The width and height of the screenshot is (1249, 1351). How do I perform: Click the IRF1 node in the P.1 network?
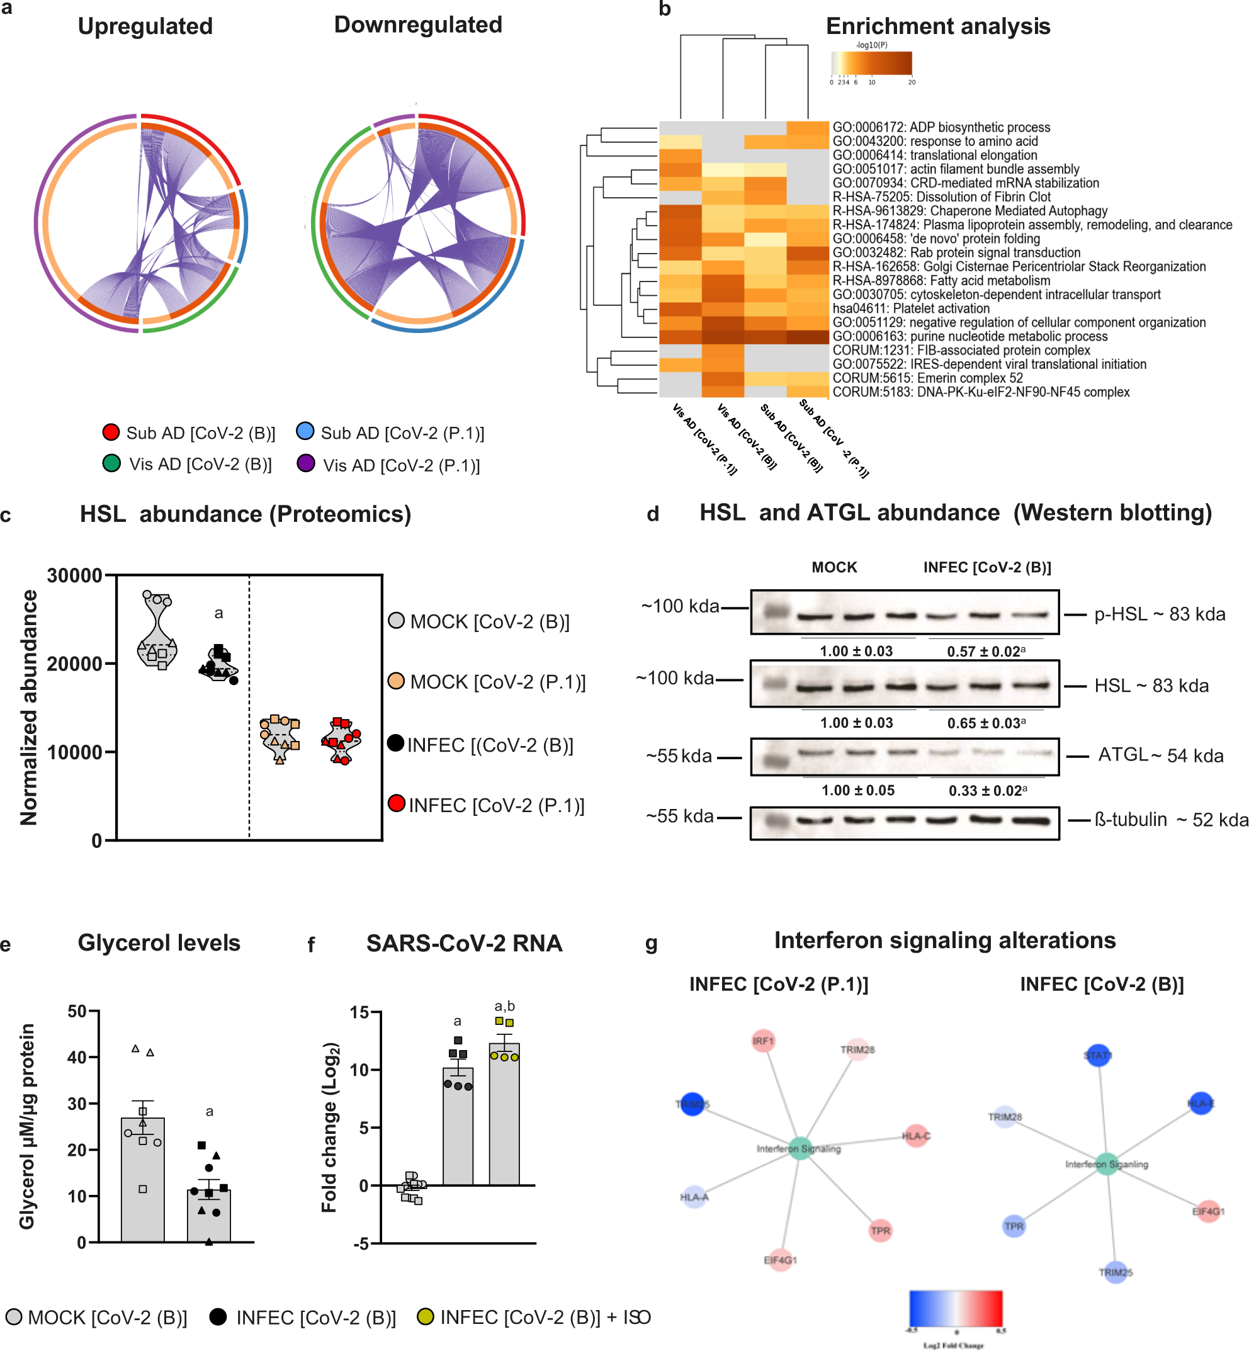tap(763, 1041)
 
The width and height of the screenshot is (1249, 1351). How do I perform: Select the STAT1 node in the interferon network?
tap(1098, 1055)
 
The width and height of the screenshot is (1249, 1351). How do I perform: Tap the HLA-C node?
tap(916, 1136)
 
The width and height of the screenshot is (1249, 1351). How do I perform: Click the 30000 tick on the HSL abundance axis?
tap(74, 576)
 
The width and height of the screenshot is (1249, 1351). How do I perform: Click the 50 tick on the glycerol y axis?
tap(77, 1012)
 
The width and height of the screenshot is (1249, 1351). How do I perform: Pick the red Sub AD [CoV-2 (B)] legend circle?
tap(111, 432)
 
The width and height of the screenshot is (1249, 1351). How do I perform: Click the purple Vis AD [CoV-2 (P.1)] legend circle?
tap(305, 463)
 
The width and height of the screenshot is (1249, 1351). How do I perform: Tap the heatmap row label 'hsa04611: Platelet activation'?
tap(910, 308)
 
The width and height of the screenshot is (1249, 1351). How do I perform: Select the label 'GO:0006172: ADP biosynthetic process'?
tap(941, 127)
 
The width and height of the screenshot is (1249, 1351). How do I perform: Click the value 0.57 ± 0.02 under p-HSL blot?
tap(985, 652)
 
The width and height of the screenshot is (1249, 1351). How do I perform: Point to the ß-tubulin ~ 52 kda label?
tap(1170, 820)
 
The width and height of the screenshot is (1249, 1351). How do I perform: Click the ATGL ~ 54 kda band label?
tap(1160, 755)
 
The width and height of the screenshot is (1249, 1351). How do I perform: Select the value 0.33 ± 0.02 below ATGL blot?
tap(986, 791)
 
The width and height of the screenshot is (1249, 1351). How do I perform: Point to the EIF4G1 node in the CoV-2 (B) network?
tap(1208, 1211)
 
